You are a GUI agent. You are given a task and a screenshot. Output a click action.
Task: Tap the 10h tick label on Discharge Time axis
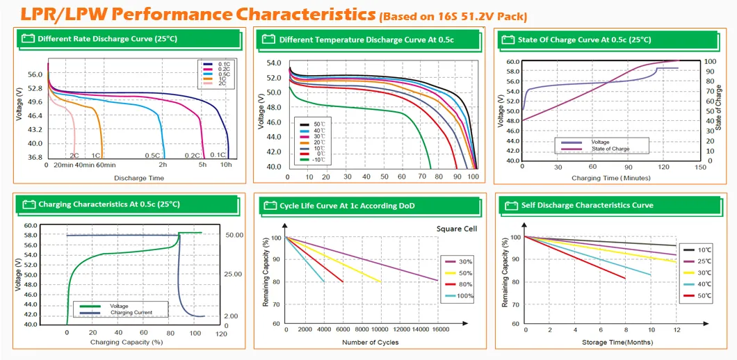click(x=227, y=165)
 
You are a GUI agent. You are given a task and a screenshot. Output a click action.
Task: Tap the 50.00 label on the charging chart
click(x=234, y=236)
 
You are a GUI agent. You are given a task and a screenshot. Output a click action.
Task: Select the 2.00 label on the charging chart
click(x=232, y=316)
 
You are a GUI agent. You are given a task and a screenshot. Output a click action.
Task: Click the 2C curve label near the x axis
click(x=74, y=155)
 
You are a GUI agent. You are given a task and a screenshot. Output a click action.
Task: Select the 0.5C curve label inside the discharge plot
click(x=152, y=155)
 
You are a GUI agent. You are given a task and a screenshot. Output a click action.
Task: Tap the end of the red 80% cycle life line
click(x=343, y=281)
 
